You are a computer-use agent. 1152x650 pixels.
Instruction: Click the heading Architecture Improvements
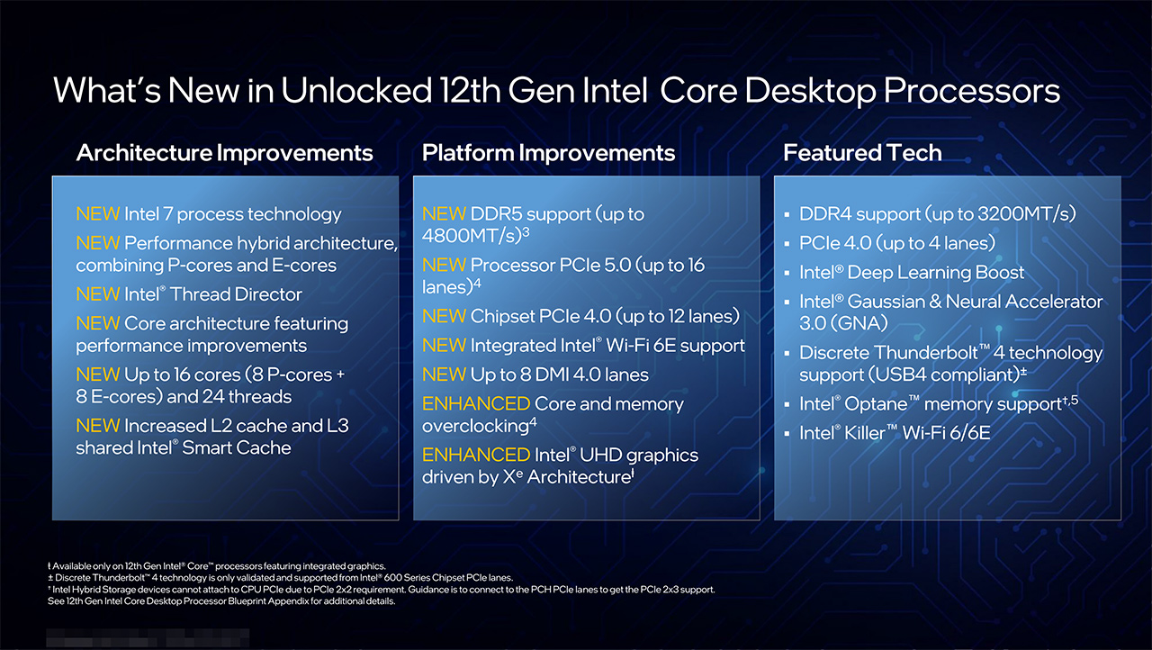pyautogui.click(x=224, y=153)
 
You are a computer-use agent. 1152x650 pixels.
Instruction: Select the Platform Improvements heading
pyautogui.click(x=548, y=153)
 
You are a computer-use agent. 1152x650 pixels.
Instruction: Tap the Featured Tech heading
pyautogui.click(x=862, y=153)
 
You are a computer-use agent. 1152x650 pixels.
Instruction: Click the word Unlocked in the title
pyautogui.click(x=356, y=90)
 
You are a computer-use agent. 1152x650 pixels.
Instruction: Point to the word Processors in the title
pyautogui.click(x=971, y=91)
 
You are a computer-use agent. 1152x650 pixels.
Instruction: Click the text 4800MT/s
pyautogui.click(x=472, y=236)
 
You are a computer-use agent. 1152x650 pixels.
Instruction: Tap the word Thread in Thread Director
pyautogui.click(x=201, y=294)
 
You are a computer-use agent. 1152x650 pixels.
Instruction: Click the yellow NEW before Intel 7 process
pyautogui.click(x=98, y=214)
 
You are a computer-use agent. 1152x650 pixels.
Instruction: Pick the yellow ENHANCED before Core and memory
pyautogui.click(x=476, y=403)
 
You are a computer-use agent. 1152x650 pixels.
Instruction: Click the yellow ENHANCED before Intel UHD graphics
pyautogui.click(x=476, y=456)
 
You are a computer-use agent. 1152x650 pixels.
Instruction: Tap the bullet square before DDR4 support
pyautogui.click(x=787, y=214)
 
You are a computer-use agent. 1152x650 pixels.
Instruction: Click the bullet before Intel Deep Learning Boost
pyautogui.click(x=787, y=273)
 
